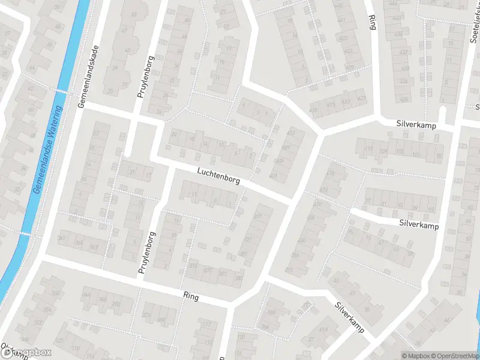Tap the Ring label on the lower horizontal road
[191, 296]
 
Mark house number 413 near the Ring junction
[292, 132]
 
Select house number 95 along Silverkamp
[439, 156]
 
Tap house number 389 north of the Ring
[239, 278]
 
